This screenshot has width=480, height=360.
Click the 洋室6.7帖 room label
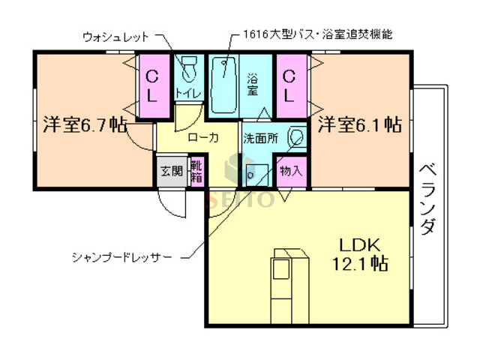(x=83, y=124)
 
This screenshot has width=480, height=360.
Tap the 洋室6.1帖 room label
(x=358, y=124)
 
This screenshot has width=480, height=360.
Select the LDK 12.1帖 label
(x=361, y=254)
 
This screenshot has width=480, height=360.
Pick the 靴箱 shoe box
(x=196, y=171)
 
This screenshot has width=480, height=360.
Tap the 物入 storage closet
(x=291, y=171)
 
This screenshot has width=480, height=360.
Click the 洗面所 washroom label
(x=259, y=139)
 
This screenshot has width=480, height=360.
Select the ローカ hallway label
(x=202, y=138)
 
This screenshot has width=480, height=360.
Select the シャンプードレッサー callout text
(x=122, y=257)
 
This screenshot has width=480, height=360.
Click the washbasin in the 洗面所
(x=297, y=138)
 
